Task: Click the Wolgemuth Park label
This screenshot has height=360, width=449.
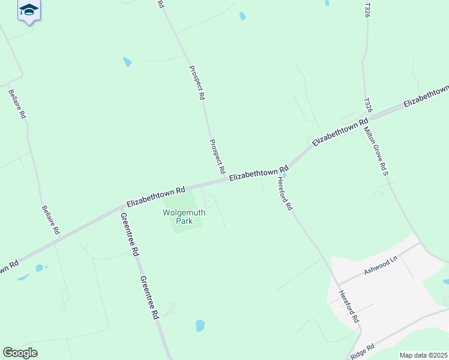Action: coord(184,216)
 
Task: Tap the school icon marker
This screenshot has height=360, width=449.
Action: coord(29,10)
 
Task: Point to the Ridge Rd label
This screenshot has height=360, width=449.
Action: coord(363,351)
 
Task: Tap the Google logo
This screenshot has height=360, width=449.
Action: coord(20,353)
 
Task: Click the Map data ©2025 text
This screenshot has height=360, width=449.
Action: coord(423,355)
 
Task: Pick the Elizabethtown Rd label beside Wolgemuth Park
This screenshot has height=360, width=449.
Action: coord(155,196)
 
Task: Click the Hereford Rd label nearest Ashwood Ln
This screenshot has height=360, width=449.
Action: coord(349,307)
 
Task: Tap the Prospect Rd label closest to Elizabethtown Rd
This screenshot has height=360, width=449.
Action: coord(217,154)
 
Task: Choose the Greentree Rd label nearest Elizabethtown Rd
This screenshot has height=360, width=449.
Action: coord(130,235)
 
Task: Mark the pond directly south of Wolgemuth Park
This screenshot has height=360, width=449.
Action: coord(200,326)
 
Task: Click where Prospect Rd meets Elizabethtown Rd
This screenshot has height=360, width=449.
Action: coord(226,179)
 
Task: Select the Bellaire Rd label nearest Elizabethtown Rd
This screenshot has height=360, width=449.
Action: coord(50,220)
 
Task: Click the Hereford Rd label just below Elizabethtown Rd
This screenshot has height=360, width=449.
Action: coord(285,193)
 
